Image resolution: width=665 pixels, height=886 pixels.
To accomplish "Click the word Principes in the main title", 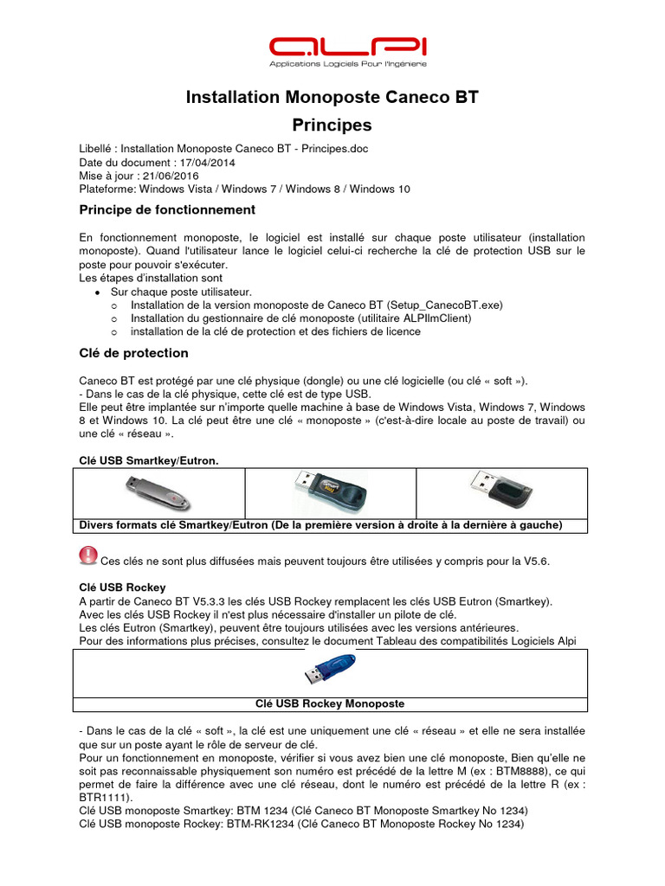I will pyautogui.click(x=332, y=125).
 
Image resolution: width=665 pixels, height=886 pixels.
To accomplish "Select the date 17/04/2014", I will pyautogui.click(x=205, y=163).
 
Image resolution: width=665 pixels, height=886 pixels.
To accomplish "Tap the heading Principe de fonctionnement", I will pyautogui.click(x=167, y=209).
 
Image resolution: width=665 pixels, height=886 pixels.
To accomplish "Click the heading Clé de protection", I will pyautogui.click(x=133, y=353).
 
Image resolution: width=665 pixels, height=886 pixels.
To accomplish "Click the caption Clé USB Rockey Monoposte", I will pyautogui.click(x=331, y=703).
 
